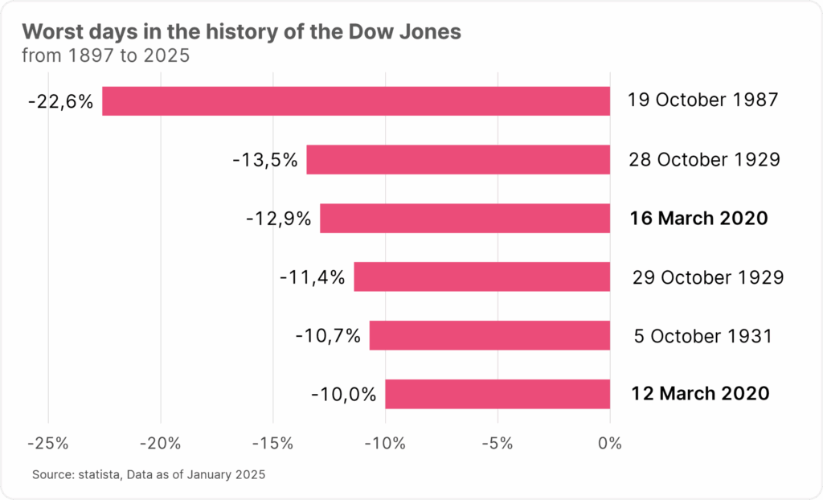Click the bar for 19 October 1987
coord(356,101)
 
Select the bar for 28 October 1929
coord(458,159)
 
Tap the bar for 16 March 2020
coord(465,218)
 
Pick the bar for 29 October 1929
coord(481,277)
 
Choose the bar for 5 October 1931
coord(489,335)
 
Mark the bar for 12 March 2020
coord(497,394)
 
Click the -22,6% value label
coord(60,101)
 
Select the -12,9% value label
coord(278,219)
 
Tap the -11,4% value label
coord(312,277)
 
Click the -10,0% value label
coord(343,394)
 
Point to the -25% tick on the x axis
coord(48,443)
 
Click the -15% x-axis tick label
coord(273,443)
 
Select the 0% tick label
coord(610,443)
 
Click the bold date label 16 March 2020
coord(699,219)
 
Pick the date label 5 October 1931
coord(702,335)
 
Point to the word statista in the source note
coord(96,475)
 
